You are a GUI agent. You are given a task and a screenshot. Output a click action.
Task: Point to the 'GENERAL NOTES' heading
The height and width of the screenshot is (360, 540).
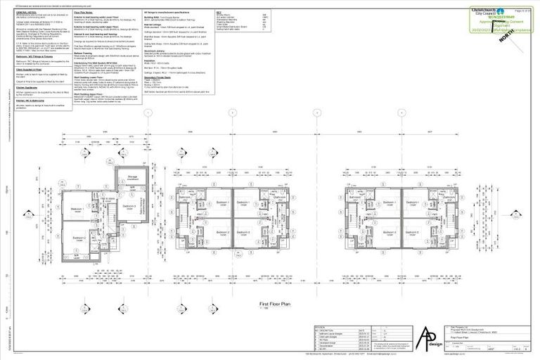pos(26,12)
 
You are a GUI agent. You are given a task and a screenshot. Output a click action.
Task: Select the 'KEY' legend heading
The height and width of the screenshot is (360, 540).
pos(221,12)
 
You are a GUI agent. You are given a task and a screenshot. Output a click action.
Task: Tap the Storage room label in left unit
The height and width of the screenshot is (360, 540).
pos(131,178)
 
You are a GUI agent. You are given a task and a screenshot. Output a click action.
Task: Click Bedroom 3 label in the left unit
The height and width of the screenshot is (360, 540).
pos(129,206)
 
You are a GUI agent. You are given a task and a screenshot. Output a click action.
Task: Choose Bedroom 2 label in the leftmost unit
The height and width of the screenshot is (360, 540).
pos(78,238)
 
